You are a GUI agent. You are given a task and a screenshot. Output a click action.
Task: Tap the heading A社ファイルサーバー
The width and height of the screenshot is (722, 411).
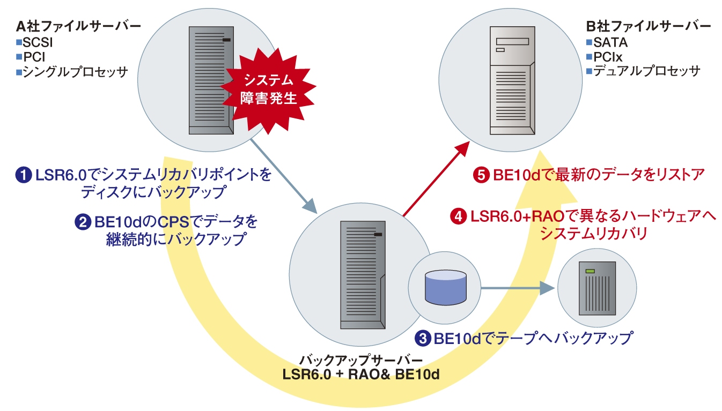tap(79, 26)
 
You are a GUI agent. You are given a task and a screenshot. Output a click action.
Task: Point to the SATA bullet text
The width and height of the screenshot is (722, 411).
tap(610, 41)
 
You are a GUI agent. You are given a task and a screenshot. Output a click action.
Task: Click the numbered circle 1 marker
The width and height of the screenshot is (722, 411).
tap(25, 175)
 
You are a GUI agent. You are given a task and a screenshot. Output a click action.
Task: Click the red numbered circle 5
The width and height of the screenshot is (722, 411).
tap(481, 175)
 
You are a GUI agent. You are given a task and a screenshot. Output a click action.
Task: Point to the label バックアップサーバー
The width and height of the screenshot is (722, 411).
tap(362, 359)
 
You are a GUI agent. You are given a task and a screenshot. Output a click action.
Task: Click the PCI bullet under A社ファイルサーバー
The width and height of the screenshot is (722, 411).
tap(34, 56)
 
